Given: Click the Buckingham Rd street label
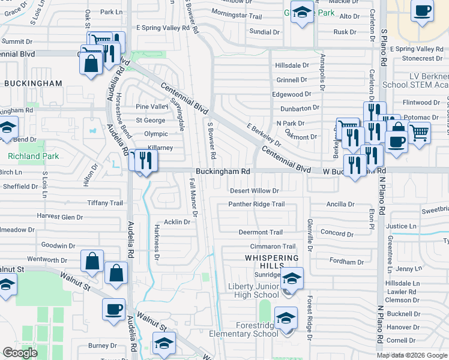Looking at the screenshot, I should [223, 172].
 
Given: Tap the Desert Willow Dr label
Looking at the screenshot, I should [255, 191].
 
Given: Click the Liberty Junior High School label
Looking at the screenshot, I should [253, 291].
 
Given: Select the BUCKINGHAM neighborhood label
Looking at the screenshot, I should [33, 83].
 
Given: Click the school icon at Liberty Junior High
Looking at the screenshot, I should [292, 278].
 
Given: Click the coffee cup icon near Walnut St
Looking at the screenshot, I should [113, 309].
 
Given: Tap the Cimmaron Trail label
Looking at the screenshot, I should [273, 247].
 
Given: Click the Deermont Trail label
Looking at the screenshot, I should [261, 232].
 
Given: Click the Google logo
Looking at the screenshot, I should [20, 353].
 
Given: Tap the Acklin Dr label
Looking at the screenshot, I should [176, 222].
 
